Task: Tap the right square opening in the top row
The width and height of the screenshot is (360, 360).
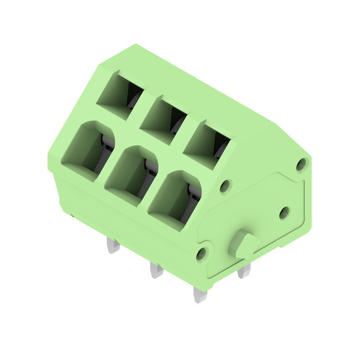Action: coord(207,144)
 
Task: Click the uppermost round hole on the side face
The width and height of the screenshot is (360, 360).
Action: coord(301,164)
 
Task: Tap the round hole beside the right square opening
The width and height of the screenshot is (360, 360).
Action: coord(225,186)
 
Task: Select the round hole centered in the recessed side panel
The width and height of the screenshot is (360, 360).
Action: coord(284,212)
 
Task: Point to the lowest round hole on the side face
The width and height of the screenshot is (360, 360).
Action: coord(201,254)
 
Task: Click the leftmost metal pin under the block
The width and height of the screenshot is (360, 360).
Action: coord(113,245)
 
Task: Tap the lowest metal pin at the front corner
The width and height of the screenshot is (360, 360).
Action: coord(200,295)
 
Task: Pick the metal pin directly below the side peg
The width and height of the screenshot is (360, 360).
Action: coord(243,270)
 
